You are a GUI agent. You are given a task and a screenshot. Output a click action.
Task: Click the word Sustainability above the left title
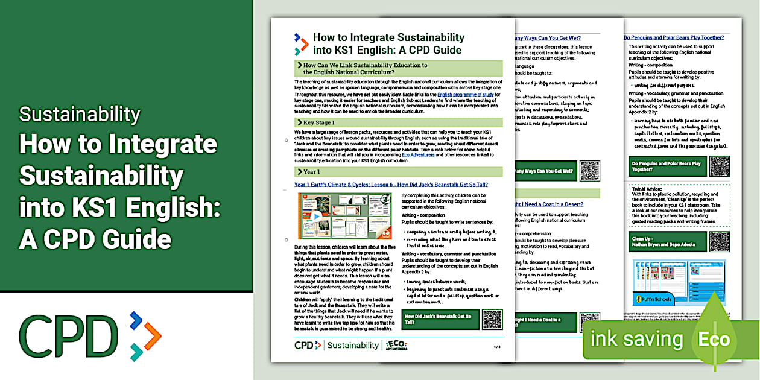80,114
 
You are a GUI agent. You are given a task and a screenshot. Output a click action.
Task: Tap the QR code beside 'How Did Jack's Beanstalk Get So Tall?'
492,319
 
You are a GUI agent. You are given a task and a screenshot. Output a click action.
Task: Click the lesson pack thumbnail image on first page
344,215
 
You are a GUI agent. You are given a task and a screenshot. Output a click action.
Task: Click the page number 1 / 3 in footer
496,347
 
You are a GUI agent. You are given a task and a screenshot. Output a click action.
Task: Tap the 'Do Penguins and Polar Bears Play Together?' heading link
673,37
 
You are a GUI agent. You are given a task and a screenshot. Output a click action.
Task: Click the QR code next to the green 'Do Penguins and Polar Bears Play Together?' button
720,166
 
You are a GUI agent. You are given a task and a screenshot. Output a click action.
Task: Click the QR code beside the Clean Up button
720,241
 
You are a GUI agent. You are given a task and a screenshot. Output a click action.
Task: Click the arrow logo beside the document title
301,44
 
